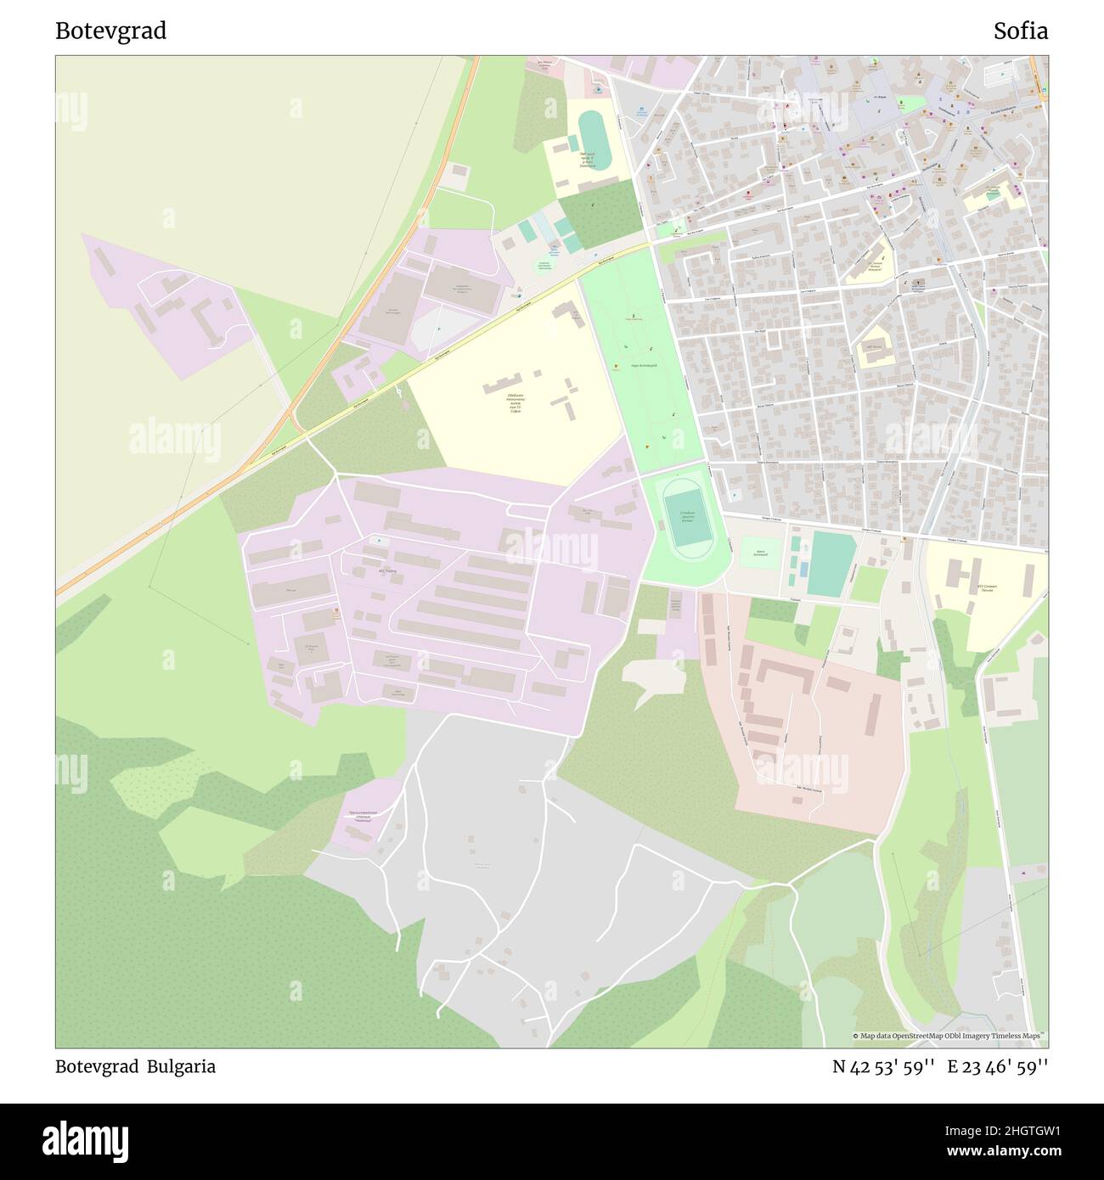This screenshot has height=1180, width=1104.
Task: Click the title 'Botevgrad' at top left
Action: (110, 31)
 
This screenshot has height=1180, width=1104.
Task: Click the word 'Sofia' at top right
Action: (1021, 31)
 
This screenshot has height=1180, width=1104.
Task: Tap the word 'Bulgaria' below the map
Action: (181, 1067)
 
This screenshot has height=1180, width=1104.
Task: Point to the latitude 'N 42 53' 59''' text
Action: (883, 1067)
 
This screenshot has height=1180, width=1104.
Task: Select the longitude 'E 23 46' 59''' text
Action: (998, 1067)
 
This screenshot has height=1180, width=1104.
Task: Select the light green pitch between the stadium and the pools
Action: (760, 556)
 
